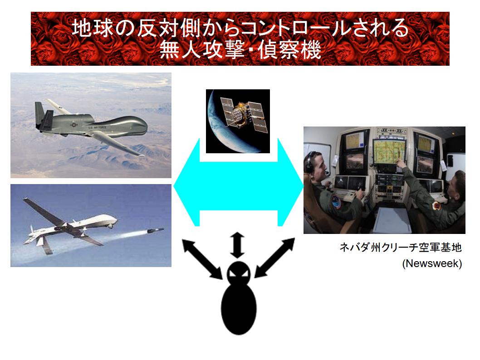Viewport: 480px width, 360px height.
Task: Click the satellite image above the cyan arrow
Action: [x=238, y=121]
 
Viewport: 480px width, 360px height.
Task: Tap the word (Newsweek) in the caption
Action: [x=432, y=264]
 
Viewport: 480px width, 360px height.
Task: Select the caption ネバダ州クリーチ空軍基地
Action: [x=400, y=248]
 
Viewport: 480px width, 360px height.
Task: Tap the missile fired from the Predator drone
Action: [x=149, y=232]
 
